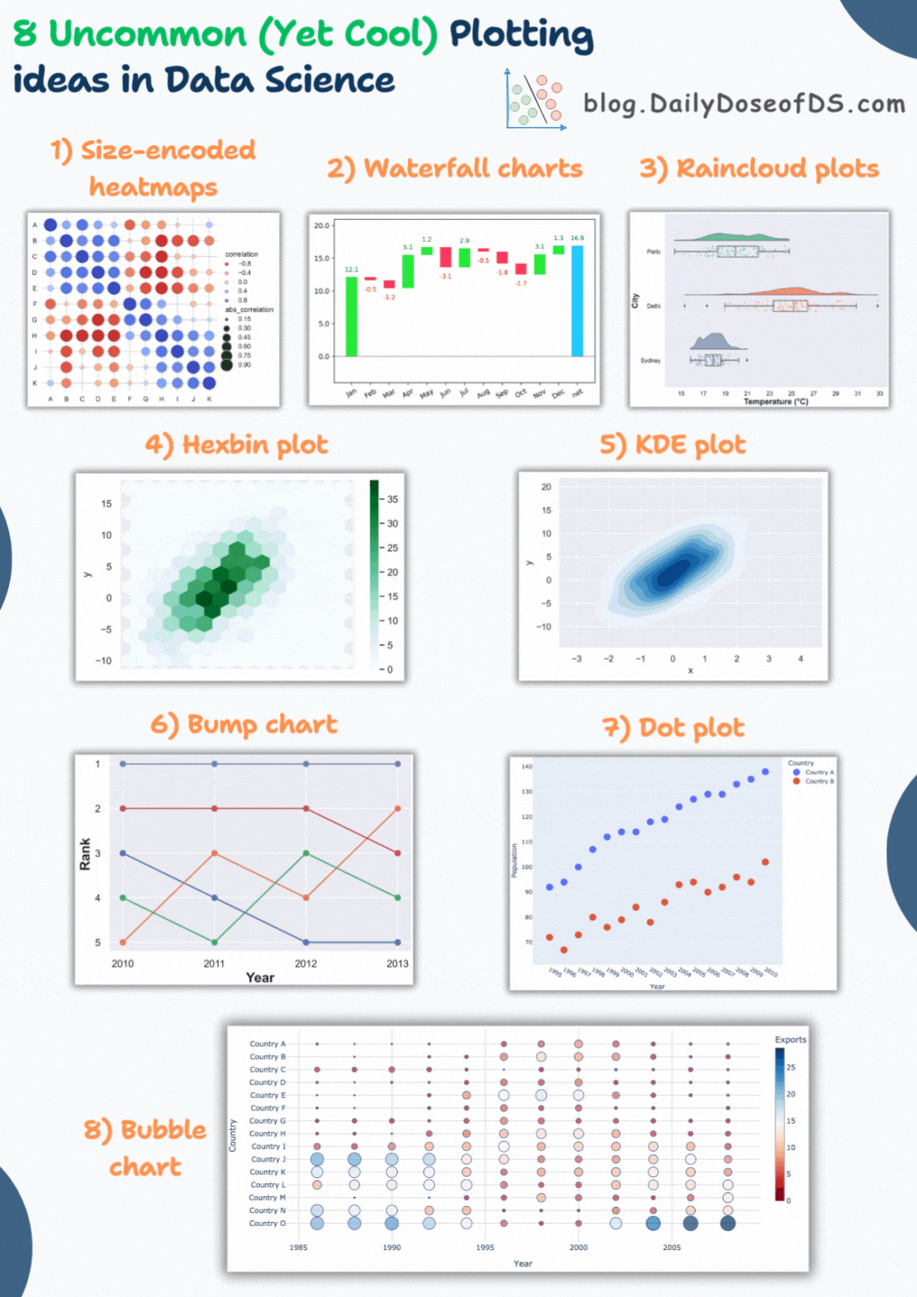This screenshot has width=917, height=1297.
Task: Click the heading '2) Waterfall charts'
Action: click(x=455, y=168)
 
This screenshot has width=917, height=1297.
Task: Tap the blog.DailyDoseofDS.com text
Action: click(x=744, y=103)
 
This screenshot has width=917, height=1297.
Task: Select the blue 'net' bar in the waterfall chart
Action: click(x=577, y=301)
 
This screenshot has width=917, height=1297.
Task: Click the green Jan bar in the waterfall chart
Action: click(x=352, y=316)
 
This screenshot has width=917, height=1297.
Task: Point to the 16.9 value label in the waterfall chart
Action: click(x=577, y=238)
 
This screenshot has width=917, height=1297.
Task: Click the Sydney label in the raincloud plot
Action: click(x=650, y=361)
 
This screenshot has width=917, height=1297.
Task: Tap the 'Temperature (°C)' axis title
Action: click(x=775, y=402)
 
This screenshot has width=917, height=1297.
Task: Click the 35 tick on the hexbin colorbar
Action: click(x=392, y=499)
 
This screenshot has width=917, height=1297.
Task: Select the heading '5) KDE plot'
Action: click(x=673, y=445)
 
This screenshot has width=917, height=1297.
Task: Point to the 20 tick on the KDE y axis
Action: click(x=546, y=487)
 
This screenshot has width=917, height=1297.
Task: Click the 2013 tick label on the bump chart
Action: click(x=397, y=963)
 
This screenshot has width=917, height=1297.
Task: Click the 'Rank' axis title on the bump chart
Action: click(x=85, y=854)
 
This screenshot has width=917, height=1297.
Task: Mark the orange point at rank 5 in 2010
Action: click(x=123, y=942)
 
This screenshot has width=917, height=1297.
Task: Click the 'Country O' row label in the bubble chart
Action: click(x=267, y=1224)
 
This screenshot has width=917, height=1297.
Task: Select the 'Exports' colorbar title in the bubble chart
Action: click(x=790, y=1039)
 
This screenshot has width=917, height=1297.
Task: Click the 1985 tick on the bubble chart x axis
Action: click(x=299, y=1247)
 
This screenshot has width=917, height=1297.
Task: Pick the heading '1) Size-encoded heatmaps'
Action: click(x=154, y=168)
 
